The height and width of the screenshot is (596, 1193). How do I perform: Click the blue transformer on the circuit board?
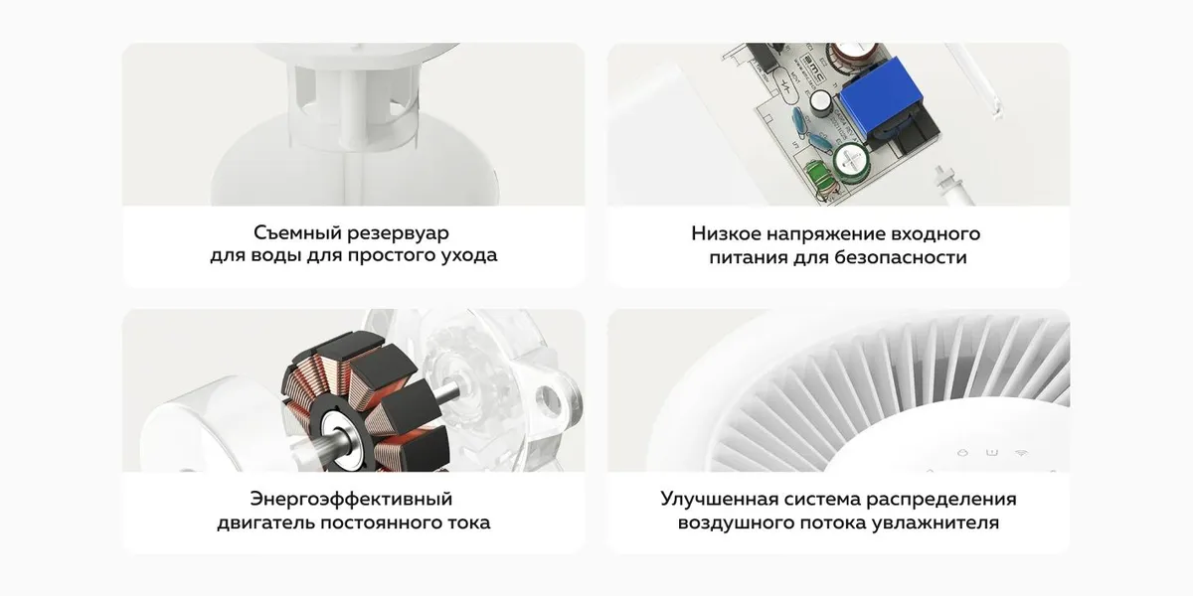click(882, 99)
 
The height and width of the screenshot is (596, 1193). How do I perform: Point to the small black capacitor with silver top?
click(822, 102)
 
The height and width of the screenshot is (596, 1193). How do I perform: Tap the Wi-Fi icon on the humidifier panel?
click(1021, 453)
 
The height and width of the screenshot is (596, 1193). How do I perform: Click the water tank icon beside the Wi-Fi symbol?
click(992, 453)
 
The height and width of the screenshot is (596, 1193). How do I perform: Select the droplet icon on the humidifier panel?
click(962, 453)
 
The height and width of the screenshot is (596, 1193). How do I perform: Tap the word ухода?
click(468, 256)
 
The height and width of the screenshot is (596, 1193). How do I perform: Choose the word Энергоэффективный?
click(352, 499)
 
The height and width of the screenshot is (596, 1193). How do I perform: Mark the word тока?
click(468, 523)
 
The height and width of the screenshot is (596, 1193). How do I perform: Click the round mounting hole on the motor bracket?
click(549, 398)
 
